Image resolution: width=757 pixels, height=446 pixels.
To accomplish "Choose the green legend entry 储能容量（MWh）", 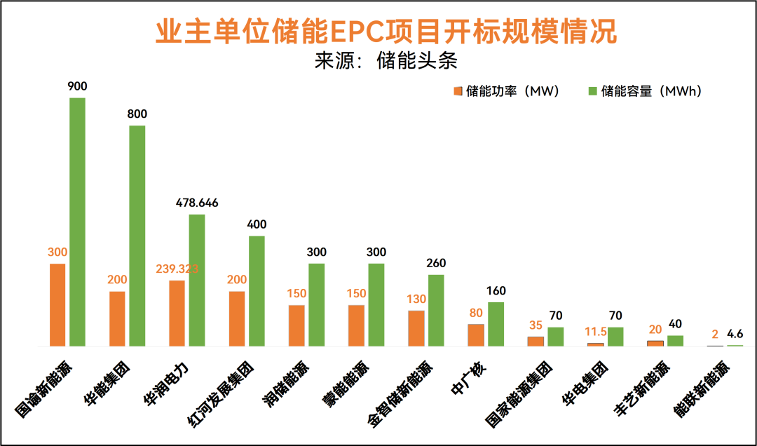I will pyautogui.click(x=645, y=91).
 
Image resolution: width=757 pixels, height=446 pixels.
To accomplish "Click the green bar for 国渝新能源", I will pyautogui.click(x=77, y=222).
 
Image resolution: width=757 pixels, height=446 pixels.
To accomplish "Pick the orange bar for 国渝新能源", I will pyautogui.click(x=57, y=305).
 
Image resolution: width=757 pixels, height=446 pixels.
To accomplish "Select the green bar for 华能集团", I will pyautogui.click(x=137, y=236).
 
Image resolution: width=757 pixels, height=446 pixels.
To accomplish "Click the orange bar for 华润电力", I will pyautogui.click(x=177, y=313).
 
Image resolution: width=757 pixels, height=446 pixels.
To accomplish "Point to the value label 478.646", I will pyautogui.click(x=197, y=203).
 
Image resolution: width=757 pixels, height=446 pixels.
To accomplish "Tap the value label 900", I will pyautogui.click(x=77, y=86).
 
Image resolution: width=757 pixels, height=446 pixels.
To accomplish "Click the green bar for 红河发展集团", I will pyautogui.click(x=257, y=291).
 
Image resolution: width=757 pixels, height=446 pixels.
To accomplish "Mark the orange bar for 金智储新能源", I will pyautogui.click(x=416, y=328).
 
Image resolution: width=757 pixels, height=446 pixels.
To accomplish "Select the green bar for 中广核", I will pyautogui.click(x=496, y=324).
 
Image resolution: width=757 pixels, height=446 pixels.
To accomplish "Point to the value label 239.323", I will pyautogui.click(x=177, y=269).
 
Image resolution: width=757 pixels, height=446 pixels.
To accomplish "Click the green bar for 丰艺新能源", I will pyautogui.click(x=675, y=341).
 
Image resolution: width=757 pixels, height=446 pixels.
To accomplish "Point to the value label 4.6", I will pyautogui.click(x=735, y=334).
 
